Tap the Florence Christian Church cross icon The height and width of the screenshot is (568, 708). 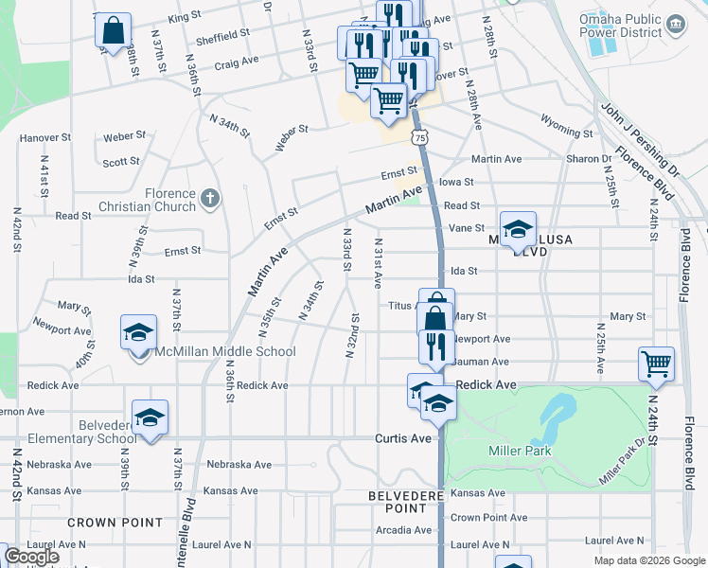coord(210,198)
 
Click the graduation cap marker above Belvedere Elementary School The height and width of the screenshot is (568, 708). coord(150,417)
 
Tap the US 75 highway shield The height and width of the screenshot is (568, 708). coord(419,138)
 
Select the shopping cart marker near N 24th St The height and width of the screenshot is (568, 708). coord(656,364)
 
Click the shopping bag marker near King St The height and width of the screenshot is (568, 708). coord(113,29)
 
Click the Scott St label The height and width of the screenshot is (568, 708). coord(121,162)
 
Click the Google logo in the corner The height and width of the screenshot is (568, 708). coord(31,557)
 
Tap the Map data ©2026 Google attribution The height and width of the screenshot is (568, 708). coord(648,560)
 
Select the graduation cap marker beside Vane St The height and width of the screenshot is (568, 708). coord(518,228)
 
